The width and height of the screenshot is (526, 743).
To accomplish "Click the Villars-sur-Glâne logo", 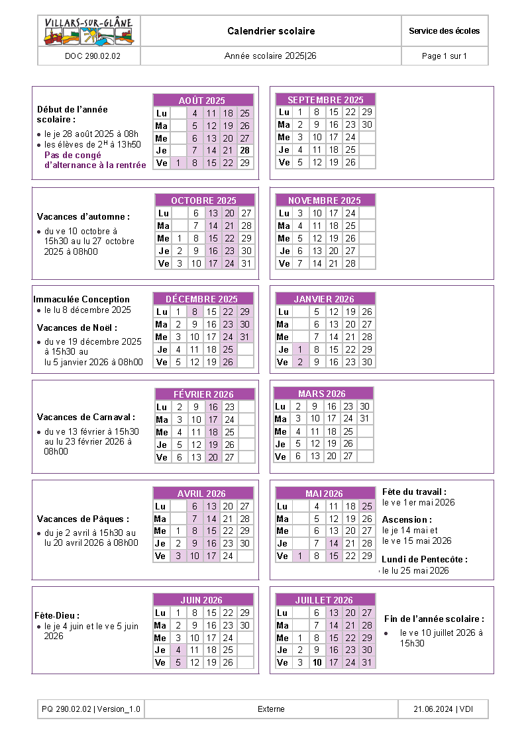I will pyautogui.click(x=89, y=31).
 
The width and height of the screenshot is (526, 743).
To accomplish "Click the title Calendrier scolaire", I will pyautogui.click(x=271, y=31).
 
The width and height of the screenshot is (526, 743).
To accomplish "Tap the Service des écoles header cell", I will pyautogui.click(x=445, y=31).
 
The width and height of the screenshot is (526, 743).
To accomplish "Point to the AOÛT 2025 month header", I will pyautogui.click(x=202, y=101).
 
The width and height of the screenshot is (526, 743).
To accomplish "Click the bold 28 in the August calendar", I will pyautogui.click(x=244, y=150).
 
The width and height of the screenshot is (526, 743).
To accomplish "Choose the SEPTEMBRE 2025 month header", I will pyautogui.click(x=325, y=100).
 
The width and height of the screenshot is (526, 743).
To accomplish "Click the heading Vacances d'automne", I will pyautogui.click(x=83, y=216).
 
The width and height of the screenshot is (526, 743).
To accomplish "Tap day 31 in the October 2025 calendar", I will pyautogui.click(x=246, y=263).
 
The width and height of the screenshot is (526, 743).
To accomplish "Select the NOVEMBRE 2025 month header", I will pyautogui.click(x=325, y=200).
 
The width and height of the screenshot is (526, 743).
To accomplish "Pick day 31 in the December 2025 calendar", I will pyautogui.click(x=244, y=337).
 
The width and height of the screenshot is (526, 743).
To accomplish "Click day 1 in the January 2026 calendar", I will pyautogui.click(x=300, y=349).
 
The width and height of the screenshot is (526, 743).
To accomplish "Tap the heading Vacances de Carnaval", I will pyautogui.click(x=86, y=417).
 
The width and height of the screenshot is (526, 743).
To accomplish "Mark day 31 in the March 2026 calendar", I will pyautogui.click(x=364, y=419).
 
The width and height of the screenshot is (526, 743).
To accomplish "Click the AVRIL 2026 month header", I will pyautogui.click(x=201, y=494).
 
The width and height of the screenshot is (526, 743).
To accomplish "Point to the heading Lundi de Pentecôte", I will pyautogui.click(x=424, y=559).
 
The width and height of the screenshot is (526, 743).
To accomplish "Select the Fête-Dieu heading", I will pyautogui.click(x=57, y=615).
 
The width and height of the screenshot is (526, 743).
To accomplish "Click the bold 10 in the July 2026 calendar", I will pyautogui.click(x=317, y=662).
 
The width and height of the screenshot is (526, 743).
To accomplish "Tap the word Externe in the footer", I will pyautogui.click(x=271, y=709).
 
